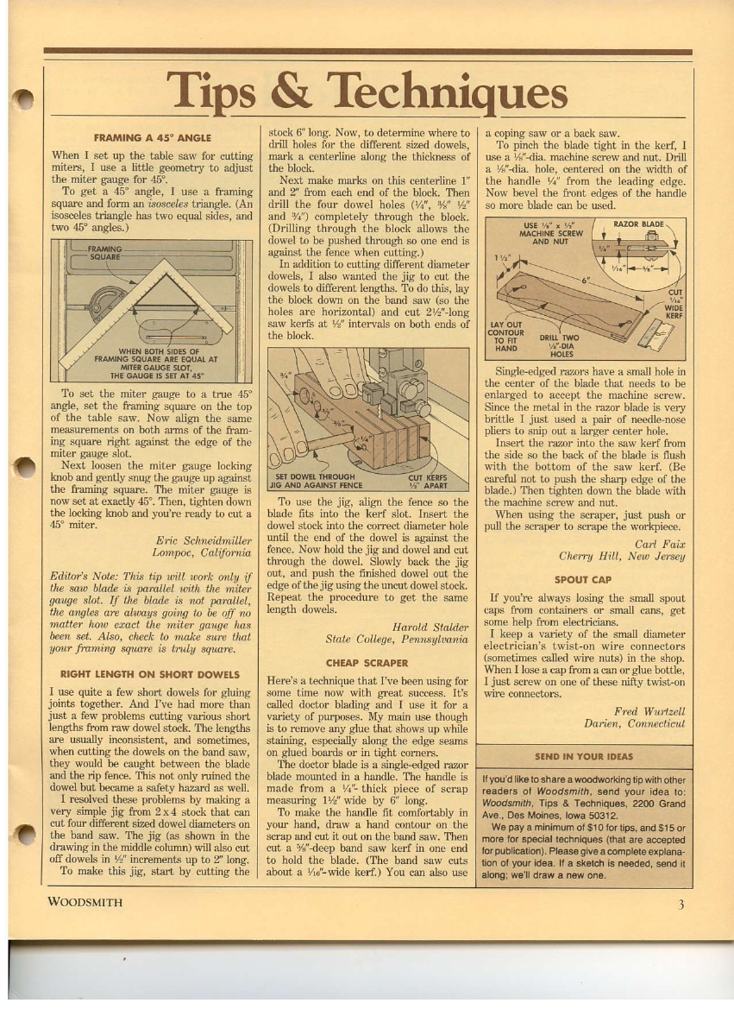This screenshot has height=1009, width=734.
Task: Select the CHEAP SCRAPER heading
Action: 367,663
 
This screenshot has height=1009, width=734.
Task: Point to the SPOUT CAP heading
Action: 583,579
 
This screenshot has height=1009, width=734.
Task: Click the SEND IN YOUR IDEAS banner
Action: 584,756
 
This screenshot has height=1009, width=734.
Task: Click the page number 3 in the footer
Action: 681,905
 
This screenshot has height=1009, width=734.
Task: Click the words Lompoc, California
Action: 202,552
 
